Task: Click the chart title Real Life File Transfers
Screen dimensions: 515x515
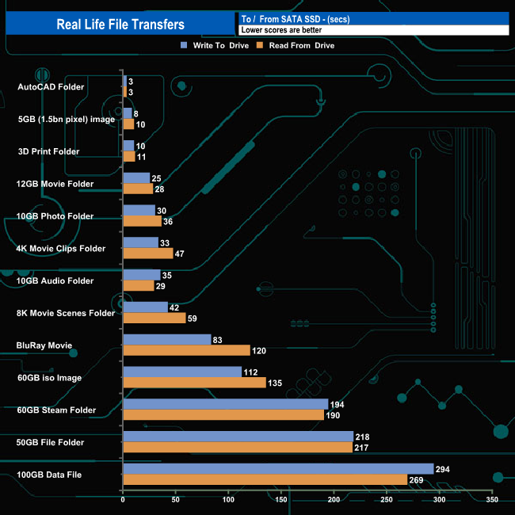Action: click(120, 25)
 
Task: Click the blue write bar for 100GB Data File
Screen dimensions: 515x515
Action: click(278, 469)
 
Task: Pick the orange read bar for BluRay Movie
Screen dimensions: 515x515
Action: click(186, 350)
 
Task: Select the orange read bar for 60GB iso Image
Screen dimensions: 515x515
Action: click(194, 383)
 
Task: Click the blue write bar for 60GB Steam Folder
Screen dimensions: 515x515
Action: click(225, 404)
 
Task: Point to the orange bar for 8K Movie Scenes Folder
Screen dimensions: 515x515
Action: click(154, 318)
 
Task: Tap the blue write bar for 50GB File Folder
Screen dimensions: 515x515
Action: click(238, 437)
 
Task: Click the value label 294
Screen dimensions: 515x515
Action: click(443, 469)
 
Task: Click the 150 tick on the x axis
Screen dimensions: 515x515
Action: click(281, 501)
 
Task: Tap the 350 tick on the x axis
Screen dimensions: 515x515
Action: click(492, 501)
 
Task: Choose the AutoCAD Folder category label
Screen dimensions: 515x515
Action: click(50, 86)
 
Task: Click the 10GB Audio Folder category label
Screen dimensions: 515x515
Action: click(55, 280)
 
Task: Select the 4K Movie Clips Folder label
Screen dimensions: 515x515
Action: click(60, 248)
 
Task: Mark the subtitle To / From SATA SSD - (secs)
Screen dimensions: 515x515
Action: click(296, 19)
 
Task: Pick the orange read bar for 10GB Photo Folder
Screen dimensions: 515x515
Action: click(142, 221)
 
